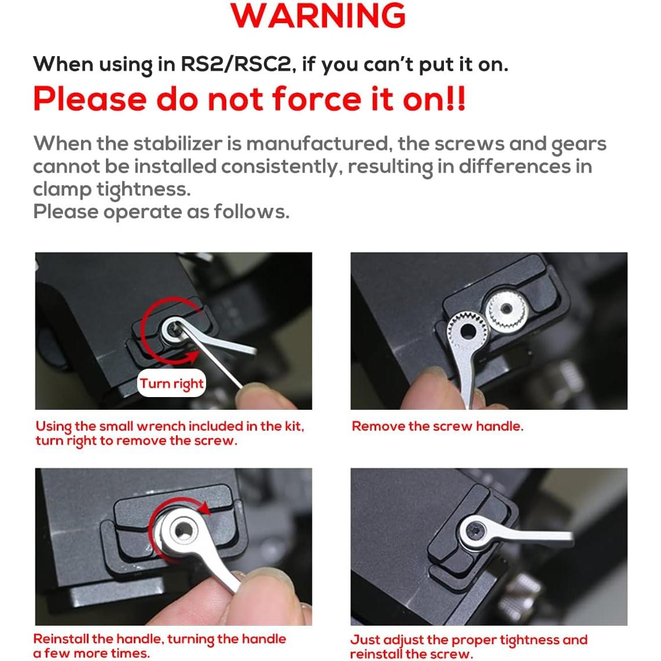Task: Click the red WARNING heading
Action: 318,16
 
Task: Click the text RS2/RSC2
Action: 236,64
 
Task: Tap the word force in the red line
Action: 317,99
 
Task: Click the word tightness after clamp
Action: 144,189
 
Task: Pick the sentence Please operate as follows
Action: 161,212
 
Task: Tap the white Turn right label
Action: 171,383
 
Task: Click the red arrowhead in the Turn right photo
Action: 192,356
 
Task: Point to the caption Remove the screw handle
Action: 438,426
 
